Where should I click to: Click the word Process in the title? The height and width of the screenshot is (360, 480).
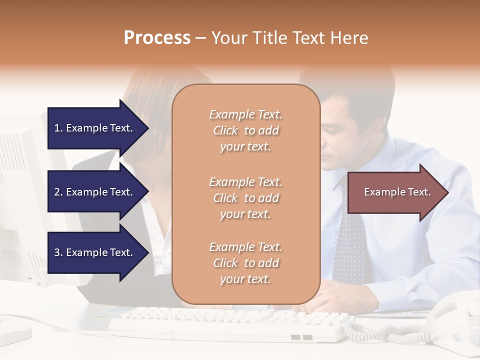coord(157,38)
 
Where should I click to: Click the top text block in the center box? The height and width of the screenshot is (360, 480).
coord(245,130)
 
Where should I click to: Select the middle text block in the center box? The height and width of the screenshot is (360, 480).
coord(245,198)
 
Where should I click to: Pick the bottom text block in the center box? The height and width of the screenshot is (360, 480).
coord(245,263)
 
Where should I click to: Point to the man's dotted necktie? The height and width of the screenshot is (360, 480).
coord(349,250)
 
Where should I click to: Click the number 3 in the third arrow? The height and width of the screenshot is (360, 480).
coord(57,252)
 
